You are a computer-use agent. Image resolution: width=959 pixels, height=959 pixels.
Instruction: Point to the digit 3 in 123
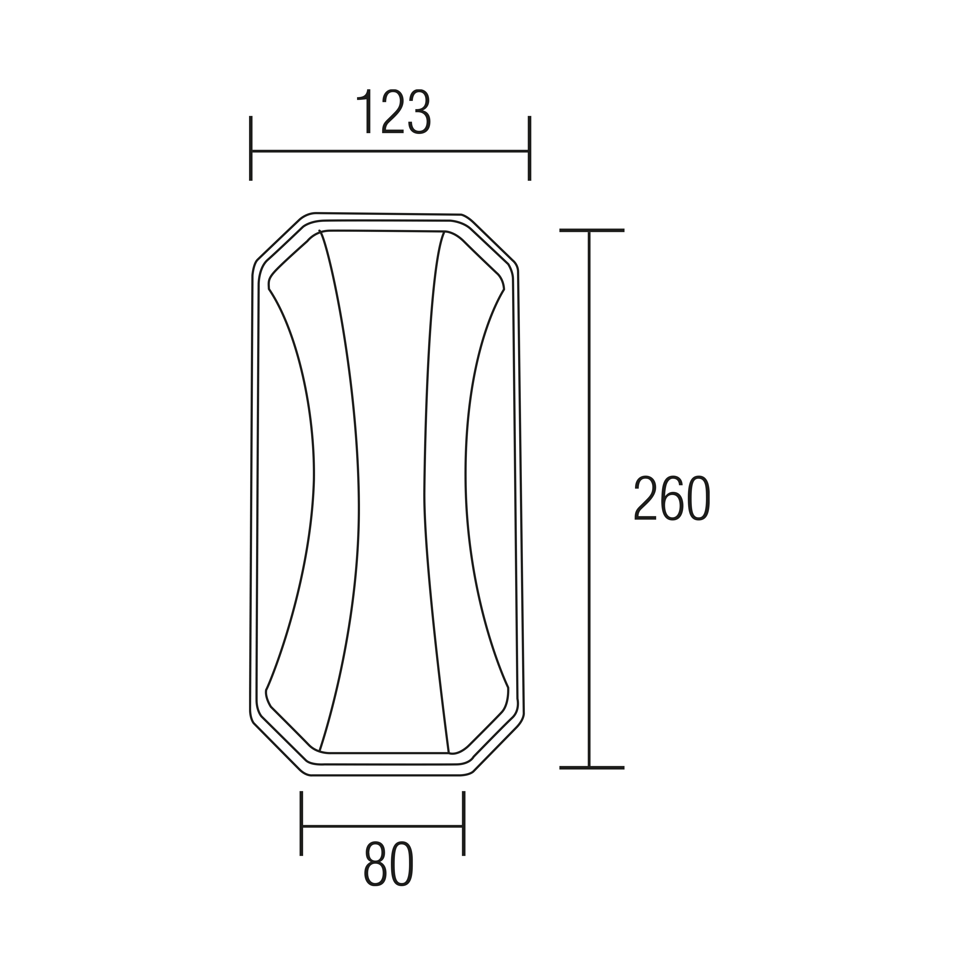(418, 112)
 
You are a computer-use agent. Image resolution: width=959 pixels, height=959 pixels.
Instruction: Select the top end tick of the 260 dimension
(591, 230)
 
